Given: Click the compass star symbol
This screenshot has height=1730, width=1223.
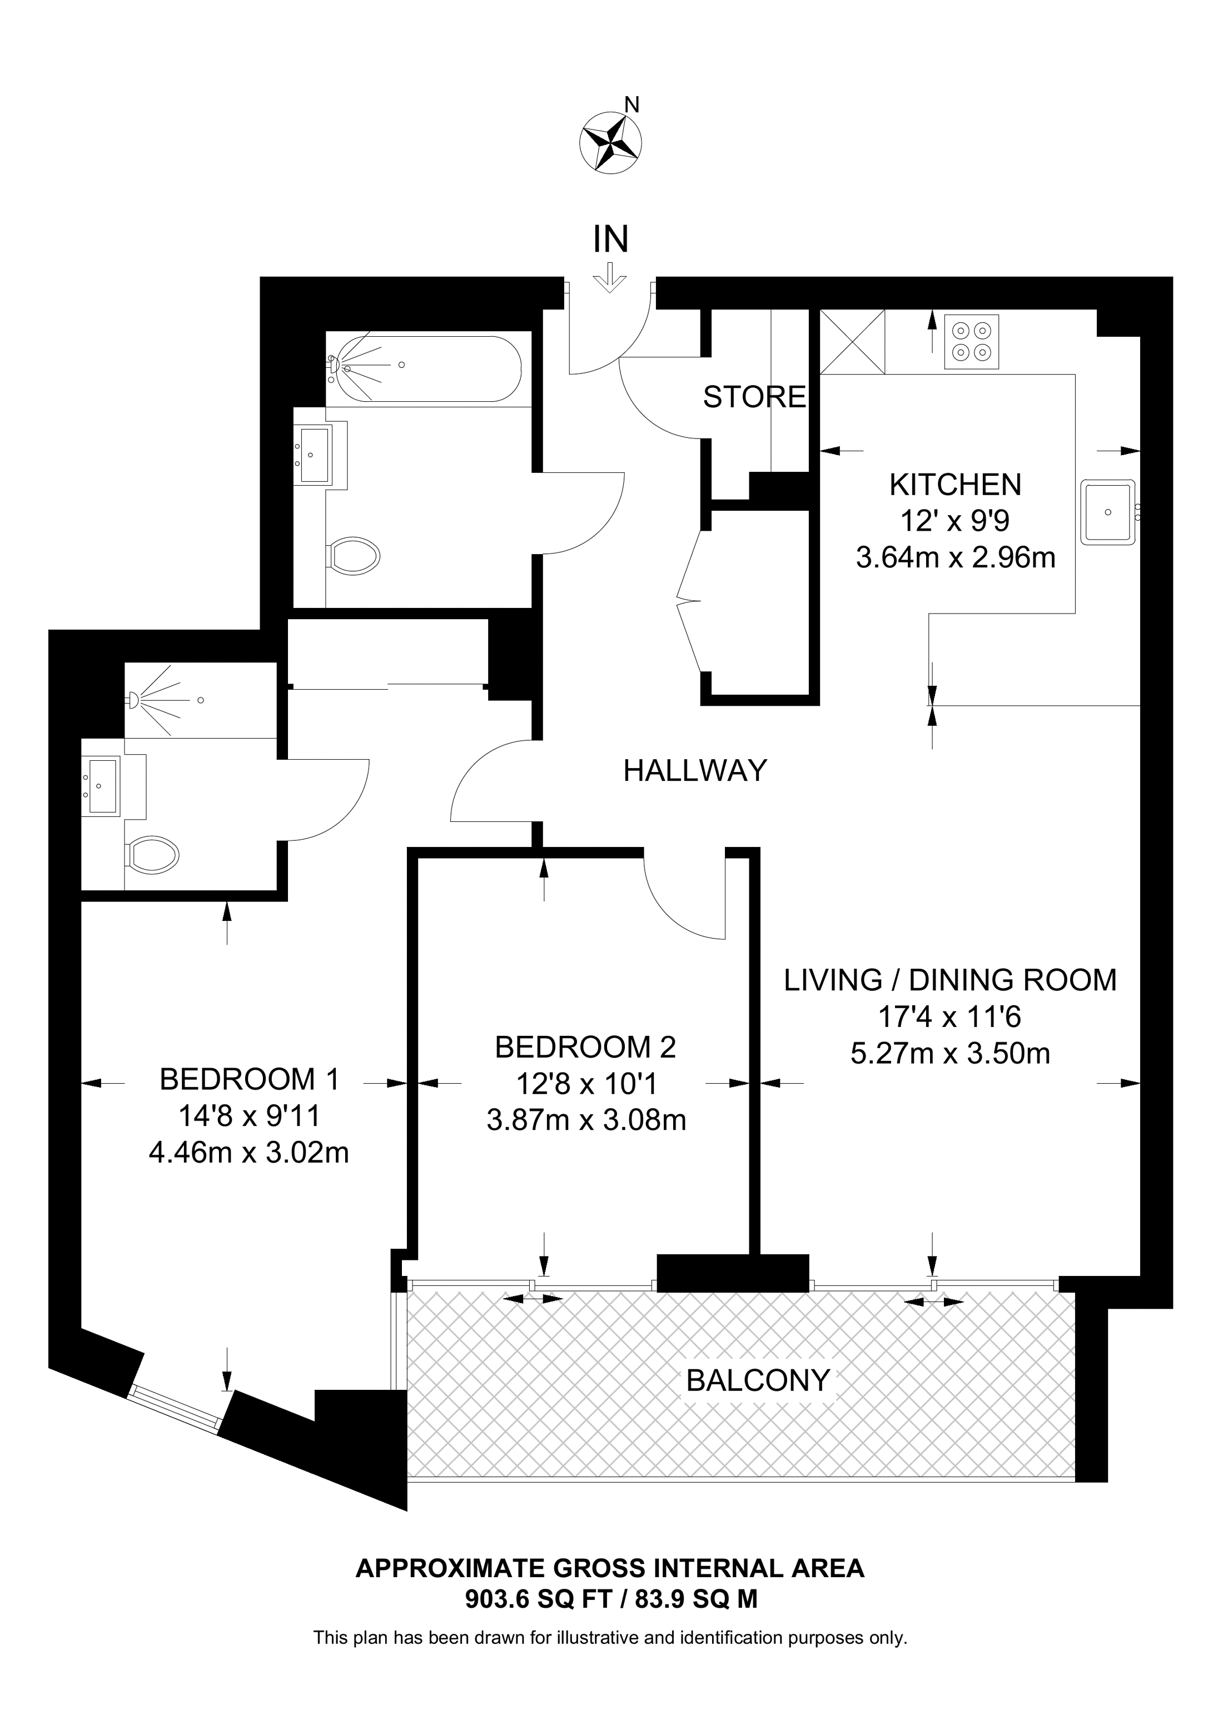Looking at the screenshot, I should [610, 141].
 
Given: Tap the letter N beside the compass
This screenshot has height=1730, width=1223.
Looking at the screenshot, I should [633, 104].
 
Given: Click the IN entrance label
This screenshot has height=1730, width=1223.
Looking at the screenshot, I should [610, 240].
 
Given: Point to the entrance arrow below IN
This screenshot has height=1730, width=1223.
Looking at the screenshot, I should [610, 278].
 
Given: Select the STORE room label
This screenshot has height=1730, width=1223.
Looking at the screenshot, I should [754, 397].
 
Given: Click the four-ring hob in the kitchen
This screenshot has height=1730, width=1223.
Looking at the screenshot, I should [971, 341].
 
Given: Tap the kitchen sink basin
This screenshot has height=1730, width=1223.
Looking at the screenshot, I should [1108, 512].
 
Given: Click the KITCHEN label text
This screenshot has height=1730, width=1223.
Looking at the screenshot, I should [954, 485].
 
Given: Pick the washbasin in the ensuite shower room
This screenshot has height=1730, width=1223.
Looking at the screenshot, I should [102, 786].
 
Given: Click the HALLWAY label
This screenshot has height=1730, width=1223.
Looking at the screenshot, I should [695, 770].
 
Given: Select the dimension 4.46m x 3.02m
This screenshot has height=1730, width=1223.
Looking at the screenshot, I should [248, 1153].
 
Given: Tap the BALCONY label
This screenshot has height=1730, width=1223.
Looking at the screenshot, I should [758, 1380].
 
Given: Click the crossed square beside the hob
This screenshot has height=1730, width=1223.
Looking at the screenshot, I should [852, 342].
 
